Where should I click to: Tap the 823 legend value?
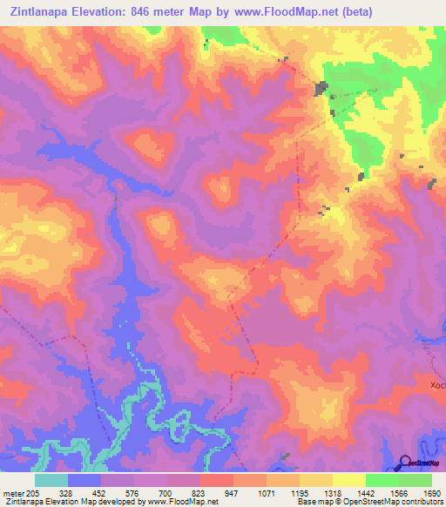[x=199, y=492]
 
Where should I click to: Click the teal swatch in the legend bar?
[x=51, y=480]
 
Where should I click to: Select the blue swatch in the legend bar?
[x=84, y=480]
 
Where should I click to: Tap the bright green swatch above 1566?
[x=382, y=480]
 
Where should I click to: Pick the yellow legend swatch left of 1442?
[x=348, y=480]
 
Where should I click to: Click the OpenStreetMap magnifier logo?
[x=404, y=463]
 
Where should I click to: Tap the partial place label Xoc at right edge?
[x=436, y=384]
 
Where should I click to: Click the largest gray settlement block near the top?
[x=321, y=88]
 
